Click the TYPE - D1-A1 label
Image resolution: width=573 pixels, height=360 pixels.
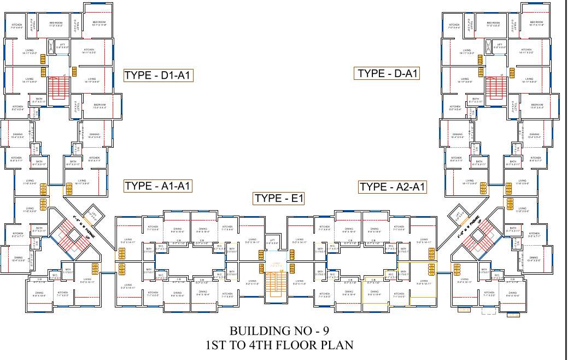157,76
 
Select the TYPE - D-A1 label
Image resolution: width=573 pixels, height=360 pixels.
388,73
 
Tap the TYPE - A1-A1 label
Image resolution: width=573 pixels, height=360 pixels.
157,186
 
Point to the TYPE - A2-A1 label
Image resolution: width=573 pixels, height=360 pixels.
393,187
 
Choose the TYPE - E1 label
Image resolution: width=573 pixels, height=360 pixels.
278,198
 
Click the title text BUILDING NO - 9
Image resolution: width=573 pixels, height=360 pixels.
279,331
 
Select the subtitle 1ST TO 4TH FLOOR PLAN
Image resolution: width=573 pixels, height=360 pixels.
279,345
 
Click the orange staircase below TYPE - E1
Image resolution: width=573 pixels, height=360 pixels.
276,286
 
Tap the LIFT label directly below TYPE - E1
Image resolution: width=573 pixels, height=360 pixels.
272,241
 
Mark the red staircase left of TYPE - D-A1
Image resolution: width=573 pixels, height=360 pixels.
495,87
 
